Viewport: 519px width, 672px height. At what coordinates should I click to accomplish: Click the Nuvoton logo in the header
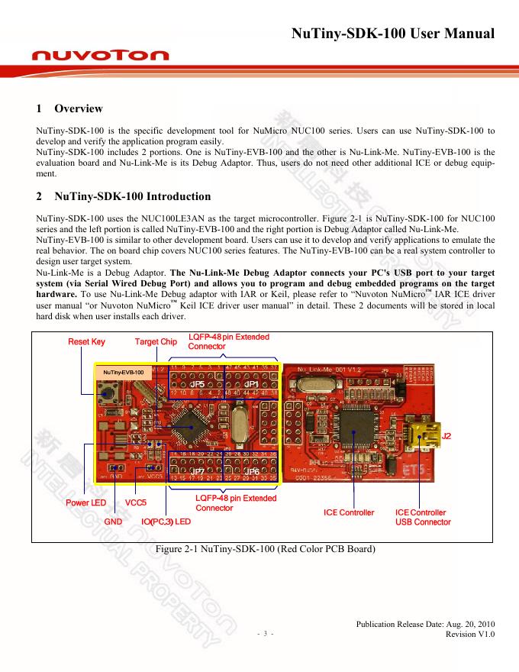[x=101, y=56]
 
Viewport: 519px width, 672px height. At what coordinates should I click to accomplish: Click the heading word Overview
[x=79, y=108]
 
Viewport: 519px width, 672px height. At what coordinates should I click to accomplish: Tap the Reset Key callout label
[x=86, y=341]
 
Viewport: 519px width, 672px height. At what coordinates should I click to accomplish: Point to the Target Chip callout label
[x=156, y=341]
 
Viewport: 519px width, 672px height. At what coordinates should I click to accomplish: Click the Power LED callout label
[x=85, y=503]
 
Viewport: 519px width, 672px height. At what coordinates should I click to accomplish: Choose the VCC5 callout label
[x=136, y=503]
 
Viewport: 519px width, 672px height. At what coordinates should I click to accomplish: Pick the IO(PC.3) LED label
[x=166, y=522]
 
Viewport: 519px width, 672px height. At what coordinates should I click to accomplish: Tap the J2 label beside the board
[x=447, y=436]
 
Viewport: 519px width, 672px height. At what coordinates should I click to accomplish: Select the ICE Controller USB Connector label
[x=423, y=517]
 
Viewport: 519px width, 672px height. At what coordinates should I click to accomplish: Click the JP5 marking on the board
[x=196, y=384]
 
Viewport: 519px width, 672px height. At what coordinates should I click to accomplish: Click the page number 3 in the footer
[x=265, y=634]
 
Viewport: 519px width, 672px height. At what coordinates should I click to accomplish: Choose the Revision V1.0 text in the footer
[x=470, y=634]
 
